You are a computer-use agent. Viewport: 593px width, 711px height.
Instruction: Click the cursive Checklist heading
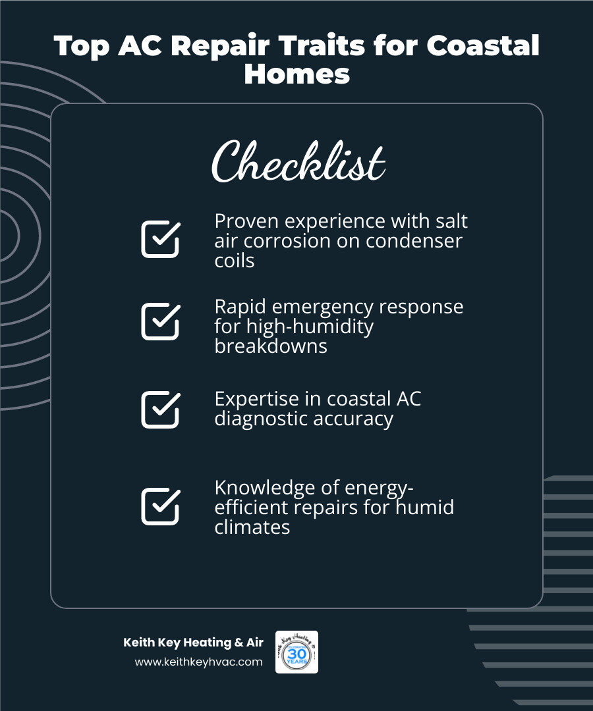pyautogui.click(x=298, y=162)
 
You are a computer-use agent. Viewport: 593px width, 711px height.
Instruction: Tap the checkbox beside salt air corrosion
pyautogui.click(x=160, y=238)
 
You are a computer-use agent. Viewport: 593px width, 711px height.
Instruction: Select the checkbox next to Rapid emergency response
pyautogui.click(x=160, y=321)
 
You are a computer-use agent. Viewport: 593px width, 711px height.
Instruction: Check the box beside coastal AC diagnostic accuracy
pyautogui.click(x=160, y=409)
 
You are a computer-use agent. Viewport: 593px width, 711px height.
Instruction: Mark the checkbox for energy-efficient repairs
pyautogui.click(x=160, y=506)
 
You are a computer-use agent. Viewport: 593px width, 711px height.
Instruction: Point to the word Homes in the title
pyautogui.click(x=296, y=74)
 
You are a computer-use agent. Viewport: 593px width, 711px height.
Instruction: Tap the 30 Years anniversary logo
pyautogui.click(x=296, y=652)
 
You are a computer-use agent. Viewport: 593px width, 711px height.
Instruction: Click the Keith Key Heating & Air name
pyautogui.click(x=193, y=643)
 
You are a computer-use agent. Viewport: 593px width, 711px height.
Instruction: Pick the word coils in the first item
pyautogui.click(x=235, y=260)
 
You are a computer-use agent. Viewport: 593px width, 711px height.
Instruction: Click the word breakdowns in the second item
pyautogui.click(x=271, y=346)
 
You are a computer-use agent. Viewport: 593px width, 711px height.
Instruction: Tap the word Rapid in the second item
pyautogui.click(x=240, y=307)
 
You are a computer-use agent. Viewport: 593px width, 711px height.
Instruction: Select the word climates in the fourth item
pyautogui.click(x=252, y=527)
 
